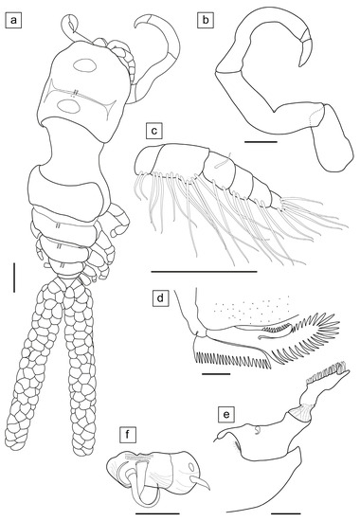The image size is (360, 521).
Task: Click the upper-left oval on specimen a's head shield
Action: coord(86,65)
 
